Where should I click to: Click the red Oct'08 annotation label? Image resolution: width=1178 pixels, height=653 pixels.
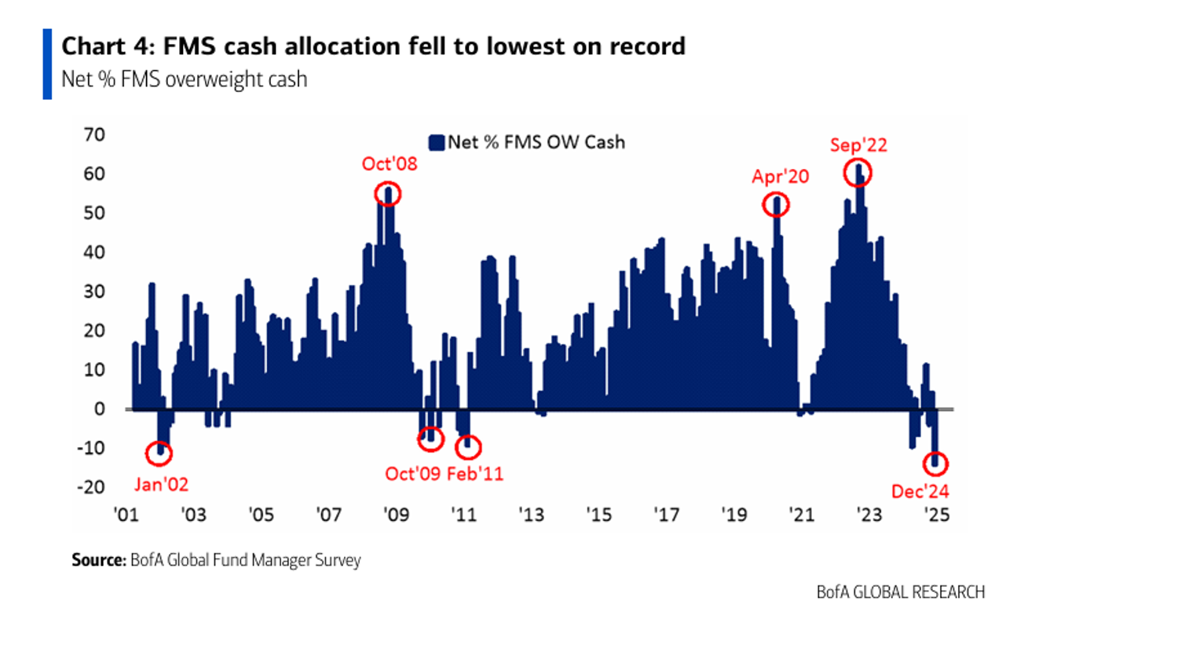(390, 164)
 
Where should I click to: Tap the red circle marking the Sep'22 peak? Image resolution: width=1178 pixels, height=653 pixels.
(858, 173)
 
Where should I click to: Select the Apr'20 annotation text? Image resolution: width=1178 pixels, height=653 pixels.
(780, 177)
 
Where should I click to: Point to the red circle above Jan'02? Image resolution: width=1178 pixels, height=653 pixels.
(159, 453)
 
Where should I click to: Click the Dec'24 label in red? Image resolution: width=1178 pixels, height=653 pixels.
(920, 492)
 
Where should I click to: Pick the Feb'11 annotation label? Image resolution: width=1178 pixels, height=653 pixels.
(474, 474)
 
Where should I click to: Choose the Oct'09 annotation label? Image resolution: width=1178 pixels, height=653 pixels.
(412, 474)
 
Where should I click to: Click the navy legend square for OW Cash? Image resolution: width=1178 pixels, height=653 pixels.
(436, 143)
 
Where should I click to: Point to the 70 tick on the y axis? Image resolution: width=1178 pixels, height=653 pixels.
(94, 135)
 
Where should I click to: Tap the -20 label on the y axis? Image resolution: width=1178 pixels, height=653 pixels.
(91, 487)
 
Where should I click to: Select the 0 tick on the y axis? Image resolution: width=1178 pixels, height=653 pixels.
(100, 409)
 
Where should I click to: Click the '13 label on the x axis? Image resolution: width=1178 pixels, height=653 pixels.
(531, 515)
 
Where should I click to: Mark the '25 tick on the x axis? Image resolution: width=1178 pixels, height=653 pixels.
(936, 515)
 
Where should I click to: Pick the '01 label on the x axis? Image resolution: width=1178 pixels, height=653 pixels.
(126, 515)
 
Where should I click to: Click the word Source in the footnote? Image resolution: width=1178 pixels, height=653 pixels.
(98, 560)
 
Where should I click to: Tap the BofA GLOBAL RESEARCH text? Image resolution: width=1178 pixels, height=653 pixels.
(900, 592)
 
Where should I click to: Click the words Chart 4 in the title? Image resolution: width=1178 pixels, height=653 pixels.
(107, 46)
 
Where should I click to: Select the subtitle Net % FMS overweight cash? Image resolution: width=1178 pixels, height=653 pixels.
(184, 79)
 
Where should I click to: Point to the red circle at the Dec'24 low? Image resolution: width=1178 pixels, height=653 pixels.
(935, 464)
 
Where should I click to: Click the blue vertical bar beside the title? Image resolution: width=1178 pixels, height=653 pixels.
(47, 64)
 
